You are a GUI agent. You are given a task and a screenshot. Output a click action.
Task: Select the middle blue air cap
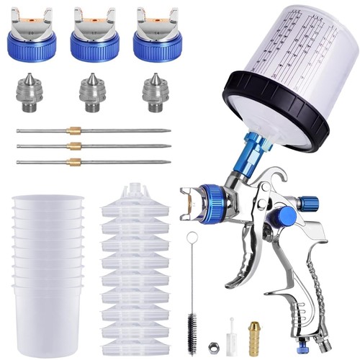[94, 45]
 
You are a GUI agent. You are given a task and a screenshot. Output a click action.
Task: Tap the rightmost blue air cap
[156, 45]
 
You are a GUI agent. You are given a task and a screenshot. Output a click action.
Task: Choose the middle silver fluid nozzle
[92, 93]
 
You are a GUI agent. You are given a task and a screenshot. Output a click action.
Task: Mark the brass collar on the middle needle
[73, 146]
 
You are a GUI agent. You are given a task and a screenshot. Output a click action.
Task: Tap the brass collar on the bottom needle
[73, 162]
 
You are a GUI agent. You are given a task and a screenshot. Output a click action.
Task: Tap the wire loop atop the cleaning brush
[192, 238]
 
